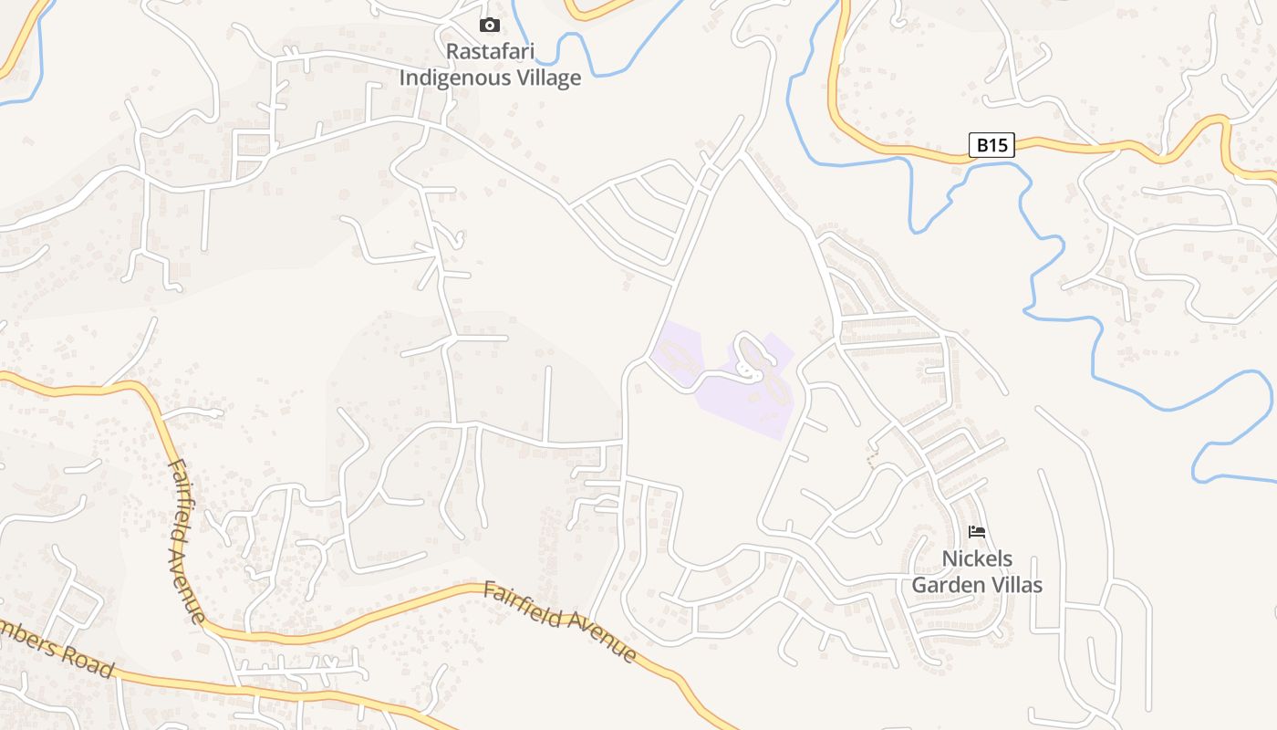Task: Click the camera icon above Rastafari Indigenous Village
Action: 490,26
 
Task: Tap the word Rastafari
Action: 489,51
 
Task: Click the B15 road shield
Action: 991,145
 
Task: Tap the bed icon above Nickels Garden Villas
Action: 977,531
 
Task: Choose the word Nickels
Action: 977,558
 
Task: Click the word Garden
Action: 949,585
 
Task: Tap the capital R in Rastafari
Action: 451,51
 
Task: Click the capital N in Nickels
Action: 948,558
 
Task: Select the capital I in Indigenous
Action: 404,78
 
